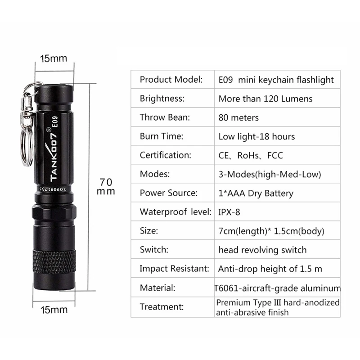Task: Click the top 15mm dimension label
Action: coord(53,58)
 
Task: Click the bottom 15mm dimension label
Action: coord(54,309)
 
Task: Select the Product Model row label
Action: coord(171,80)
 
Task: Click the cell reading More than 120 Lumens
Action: coord(265,99)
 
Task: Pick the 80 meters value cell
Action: coord(238,117)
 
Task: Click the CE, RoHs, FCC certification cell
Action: coord(251,155)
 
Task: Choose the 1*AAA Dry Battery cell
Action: coord(256,193)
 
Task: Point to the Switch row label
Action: coord(154,250)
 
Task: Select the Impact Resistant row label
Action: coord(174,269)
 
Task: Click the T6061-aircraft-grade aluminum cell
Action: coord(277,288)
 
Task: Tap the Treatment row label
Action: coord(162,307)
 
